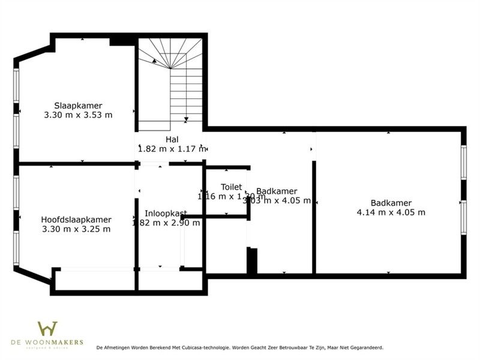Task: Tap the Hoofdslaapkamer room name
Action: tap(76, 220)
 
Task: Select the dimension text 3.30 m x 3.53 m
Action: tap(78, 114)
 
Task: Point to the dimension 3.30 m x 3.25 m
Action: tap(76, 229)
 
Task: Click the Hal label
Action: tap(172, 140)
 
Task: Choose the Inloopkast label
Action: tap(166, 214)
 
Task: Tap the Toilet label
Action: tap(231, 187)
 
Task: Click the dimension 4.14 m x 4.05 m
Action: tap(391, 212)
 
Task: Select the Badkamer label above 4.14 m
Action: tap(391, 203)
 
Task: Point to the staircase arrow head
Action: tap(155, 60)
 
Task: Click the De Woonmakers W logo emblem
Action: tap(47, 329)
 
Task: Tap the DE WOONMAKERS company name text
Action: tap(47, 342)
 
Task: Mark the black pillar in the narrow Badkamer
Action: tap(253, 261)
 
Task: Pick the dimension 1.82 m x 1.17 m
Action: tap(172, 149)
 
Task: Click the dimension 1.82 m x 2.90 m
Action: tap(166, 223)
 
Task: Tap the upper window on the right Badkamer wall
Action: tap(463, 162)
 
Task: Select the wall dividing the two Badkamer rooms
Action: tap(313, 216)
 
